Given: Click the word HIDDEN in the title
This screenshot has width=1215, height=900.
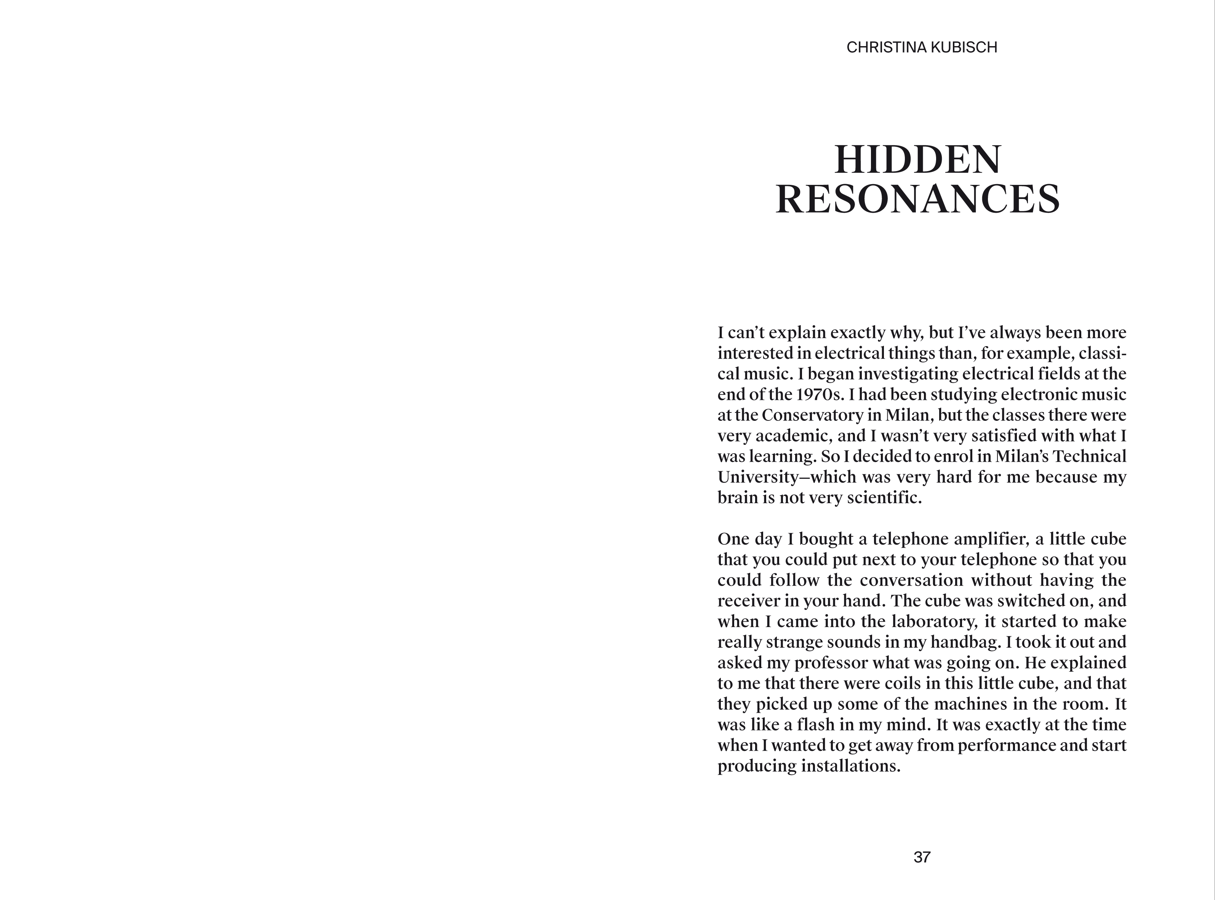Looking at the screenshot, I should (x=918, y=160).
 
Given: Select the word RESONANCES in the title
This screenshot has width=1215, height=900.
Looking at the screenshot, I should (x=918, y=199).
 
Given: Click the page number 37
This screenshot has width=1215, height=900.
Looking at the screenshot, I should (x=922, y=858).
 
